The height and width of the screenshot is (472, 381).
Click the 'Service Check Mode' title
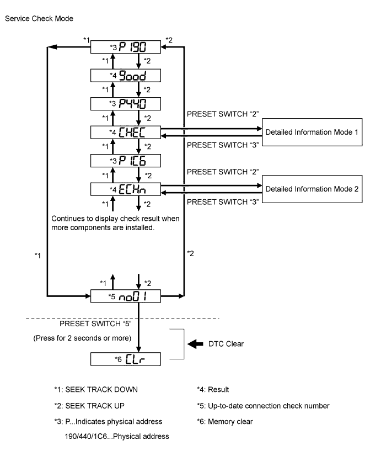pyautogui.click(x=39, y=19)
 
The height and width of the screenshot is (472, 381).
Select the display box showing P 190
pyautogui.click(x=126, y=47)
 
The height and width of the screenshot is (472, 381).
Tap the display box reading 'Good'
pyautogui.click(x=126, y=76)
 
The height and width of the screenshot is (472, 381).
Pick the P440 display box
pyautogui.click(x=126, y=104)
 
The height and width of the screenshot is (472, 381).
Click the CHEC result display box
pyautogui.click(x=126, y=132)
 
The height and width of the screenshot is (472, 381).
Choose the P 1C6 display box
pyautogui.click(x=126, y=161)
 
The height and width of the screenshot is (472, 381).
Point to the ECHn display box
pyautogui.click(x=126, y=189)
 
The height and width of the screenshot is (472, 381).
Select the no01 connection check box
pyautogui.click(x=126, y=296)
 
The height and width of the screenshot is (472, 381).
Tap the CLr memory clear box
pyautogui.click(x=126, y=359)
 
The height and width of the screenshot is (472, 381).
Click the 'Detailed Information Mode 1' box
pyautogui.click(x=312, y=132)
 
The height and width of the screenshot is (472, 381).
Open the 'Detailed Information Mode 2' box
pyautogui.click(x=312, y=189)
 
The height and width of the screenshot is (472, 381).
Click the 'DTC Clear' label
pyautogui.click(x=226, y=344)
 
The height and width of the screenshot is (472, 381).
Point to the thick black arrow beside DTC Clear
pyautogui.click(x=195, y=344)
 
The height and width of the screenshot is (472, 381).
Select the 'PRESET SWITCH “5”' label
pyautogui.click(x=95, y=323)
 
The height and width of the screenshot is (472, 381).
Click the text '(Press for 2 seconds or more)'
pyautogui.click(x=82, y=338)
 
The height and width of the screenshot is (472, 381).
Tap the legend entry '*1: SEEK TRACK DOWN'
pyautogui.click(x=96, y=390)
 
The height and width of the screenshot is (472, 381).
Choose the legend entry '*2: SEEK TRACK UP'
pyautogui.click(x=89, y=406)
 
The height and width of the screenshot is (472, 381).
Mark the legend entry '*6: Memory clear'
pyautogui.click(x=225, y=422)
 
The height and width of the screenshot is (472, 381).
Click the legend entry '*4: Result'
pyautogui.click(x=213, y=390)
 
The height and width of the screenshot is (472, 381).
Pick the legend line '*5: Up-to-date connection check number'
pyautogui.click(x=263, y=406)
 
